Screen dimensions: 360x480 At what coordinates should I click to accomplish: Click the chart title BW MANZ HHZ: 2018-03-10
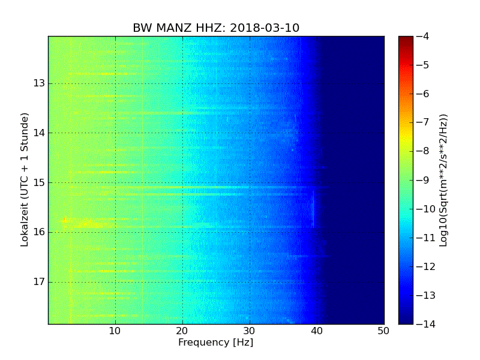click(x=216, y=28)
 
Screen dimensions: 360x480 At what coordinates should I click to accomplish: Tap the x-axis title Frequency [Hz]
click(x=215, y=343)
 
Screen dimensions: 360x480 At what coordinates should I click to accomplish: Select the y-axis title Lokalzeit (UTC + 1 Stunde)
click(x=25, y=181)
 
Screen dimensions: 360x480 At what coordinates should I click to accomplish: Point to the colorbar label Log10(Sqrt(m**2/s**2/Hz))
click(x=444, y=180)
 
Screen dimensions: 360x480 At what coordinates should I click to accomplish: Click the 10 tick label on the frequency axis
click(x=115, y=331)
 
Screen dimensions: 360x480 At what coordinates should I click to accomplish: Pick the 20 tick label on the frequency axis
click(x=182, y=331)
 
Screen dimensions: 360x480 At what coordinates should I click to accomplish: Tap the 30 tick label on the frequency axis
click(x=250, y=331)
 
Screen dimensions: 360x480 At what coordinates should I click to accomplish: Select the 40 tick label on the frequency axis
click(x=317, y=331)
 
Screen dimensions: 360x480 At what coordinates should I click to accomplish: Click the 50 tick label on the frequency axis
click(x=383, y=331)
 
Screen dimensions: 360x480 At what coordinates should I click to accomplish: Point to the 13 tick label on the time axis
click(x=40, y=83)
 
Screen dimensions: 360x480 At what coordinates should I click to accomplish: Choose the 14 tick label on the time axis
click(x=40, y=133)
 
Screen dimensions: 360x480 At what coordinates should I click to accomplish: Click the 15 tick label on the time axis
click(x=40, y=182)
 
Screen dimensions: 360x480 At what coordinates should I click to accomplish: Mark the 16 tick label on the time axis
click(x=40, y=232)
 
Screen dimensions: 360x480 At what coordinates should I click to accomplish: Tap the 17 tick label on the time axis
click(x=40, y=282)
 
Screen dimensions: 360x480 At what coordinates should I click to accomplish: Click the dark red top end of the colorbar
click(x=406, y=38)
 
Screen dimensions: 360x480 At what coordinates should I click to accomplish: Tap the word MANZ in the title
click(x=172, y=28)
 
